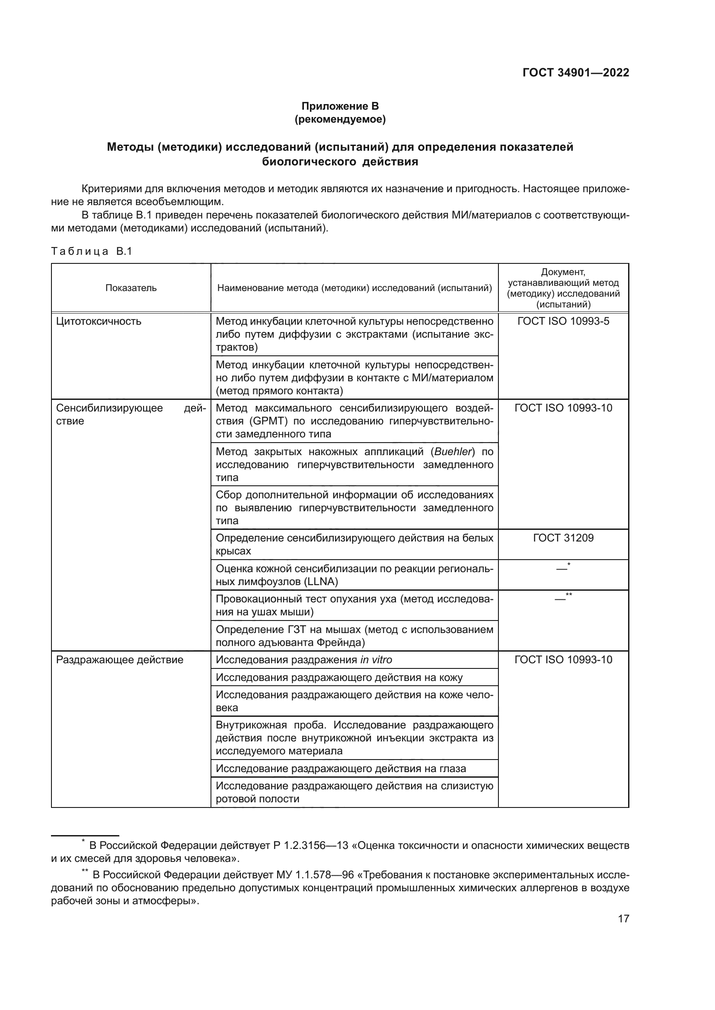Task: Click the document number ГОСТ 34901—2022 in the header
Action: click(575, 73)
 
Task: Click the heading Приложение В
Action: click(340, 106)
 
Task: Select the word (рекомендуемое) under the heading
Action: click(340, 119)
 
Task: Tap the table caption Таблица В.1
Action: click(92, 251)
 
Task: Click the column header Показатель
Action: click(131, 288)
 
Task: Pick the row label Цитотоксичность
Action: click(99, 321)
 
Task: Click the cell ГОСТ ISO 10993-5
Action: click(563, 321)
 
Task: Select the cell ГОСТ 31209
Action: click(563, 538)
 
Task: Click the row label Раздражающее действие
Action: click(119, 660)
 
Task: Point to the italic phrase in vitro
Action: click(376, 660)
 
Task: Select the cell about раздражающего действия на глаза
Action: click(341, 769)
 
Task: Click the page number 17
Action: click(623, 918)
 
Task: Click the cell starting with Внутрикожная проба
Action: click(354, 738)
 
